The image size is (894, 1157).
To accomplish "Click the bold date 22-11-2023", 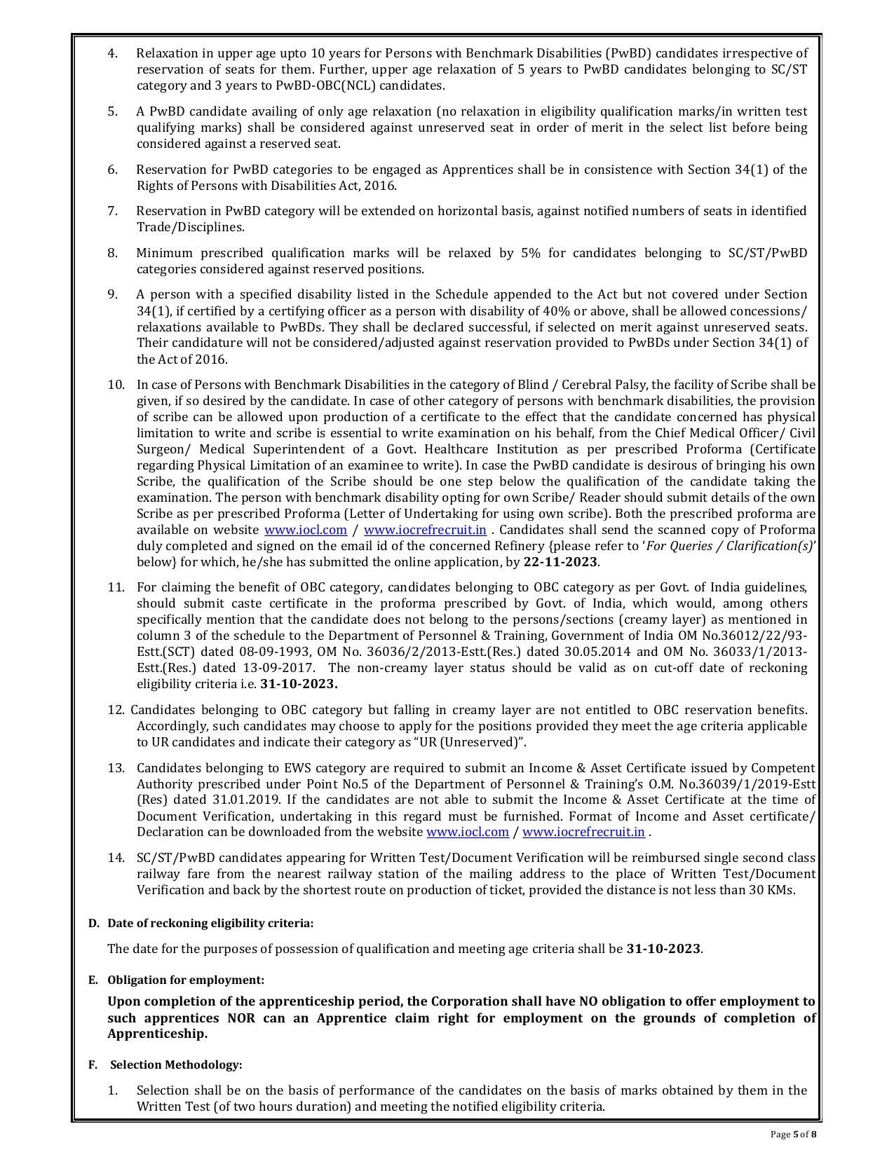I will [560, 562].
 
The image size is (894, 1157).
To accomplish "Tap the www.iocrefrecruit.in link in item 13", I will [583, 832].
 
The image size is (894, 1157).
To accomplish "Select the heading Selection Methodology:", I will [176, 1064].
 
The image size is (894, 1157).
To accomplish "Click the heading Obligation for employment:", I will [186, 980].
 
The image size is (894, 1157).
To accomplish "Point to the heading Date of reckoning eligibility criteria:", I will [210, 923].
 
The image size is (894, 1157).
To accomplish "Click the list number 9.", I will [112, 294].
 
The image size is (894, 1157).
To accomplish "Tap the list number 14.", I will [116, 858].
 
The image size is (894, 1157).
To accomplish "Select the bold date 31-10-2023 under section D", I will [663, 949].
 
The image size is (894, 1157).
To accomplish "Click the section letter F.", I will [93, 1064].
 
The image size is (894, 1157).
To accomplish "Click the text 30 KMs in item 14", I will [773, 890].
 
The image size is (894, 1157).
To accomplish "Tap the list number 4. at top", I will [112, 53].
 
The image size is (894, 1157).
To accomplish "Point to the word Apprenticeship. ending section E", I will [157, 1034].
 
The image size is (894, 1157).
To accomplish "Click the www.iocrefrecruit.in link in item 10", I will [425, 530].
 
